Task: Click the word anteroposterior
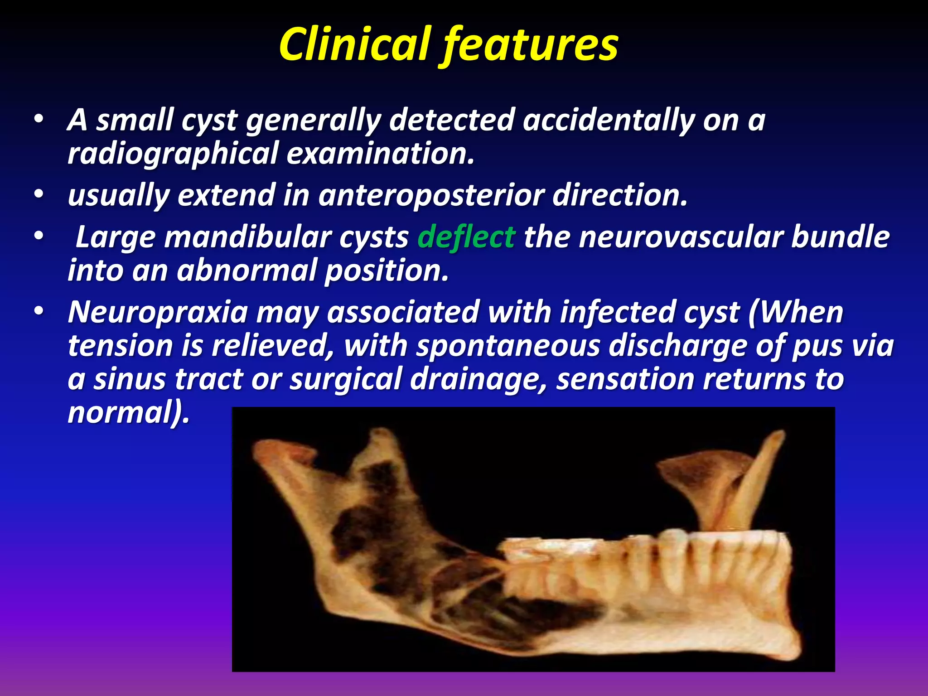click(x=430, y=195)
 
